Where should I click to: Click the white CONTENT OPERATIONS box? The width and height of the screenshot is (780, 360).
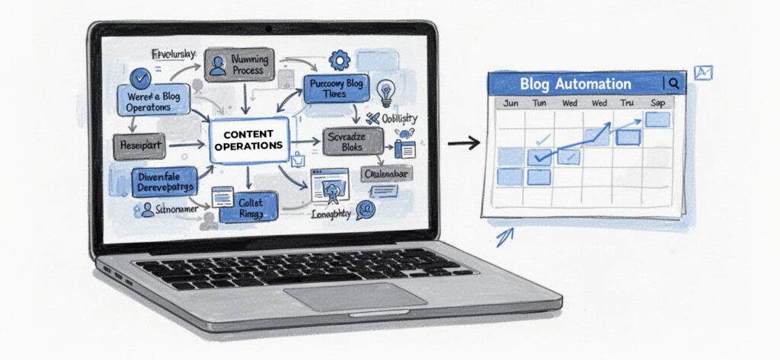click(248, 140)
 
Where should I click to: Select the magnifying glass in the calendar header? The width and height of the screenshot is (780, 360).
click(674, 83)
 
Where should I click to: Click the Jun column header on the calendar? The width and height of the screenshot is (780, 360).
click(511, 104)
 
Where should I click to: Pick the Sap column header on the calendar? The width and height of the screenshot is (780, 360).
click(657, 104)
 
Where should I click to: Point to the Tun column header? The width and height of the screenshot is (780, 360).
click(540, 104)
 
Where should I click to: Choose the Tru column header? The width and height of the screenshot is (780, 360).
click(627, 104)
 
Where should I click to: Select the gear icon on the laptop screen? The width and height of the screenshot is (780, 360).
click(338, 60)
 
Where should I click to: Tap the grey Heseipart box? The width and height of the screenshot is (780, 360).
click(139, 145)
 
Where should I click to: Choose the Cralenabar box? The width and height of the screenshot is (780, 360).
click(387, 174)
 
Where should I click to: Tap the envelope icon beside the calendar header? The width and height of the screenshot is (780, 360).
click(703, 72)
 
